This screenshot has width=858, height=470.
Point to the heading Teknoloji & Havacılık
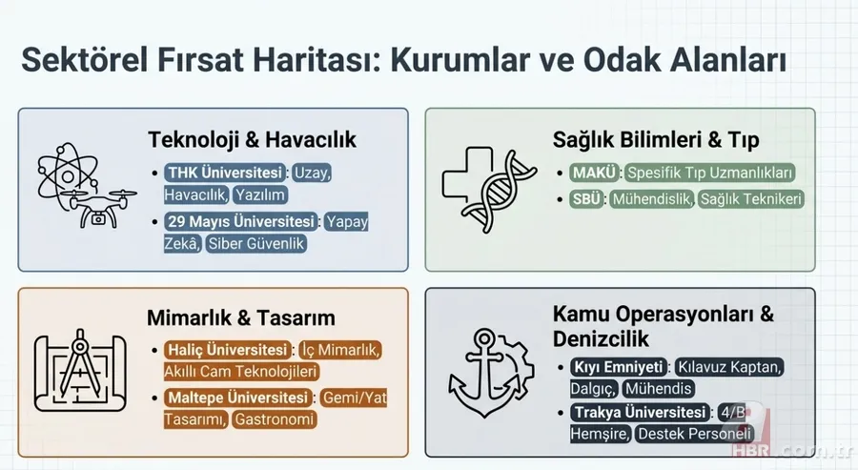click(x=252, y=139)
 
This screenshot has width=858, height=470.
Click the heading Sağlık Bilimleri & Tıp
click(x=656, y=140)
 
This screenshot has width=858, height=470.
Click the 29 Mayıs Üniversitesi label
click(x=240, y=222)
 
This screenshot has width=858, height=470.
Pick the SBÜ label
click(x=588, y=199)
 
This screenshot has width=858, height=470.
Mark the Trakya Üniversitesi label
click(x=641, y=413)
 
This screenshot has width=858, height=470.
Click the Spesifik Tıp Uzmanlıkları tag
click(x=709, y=174)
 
